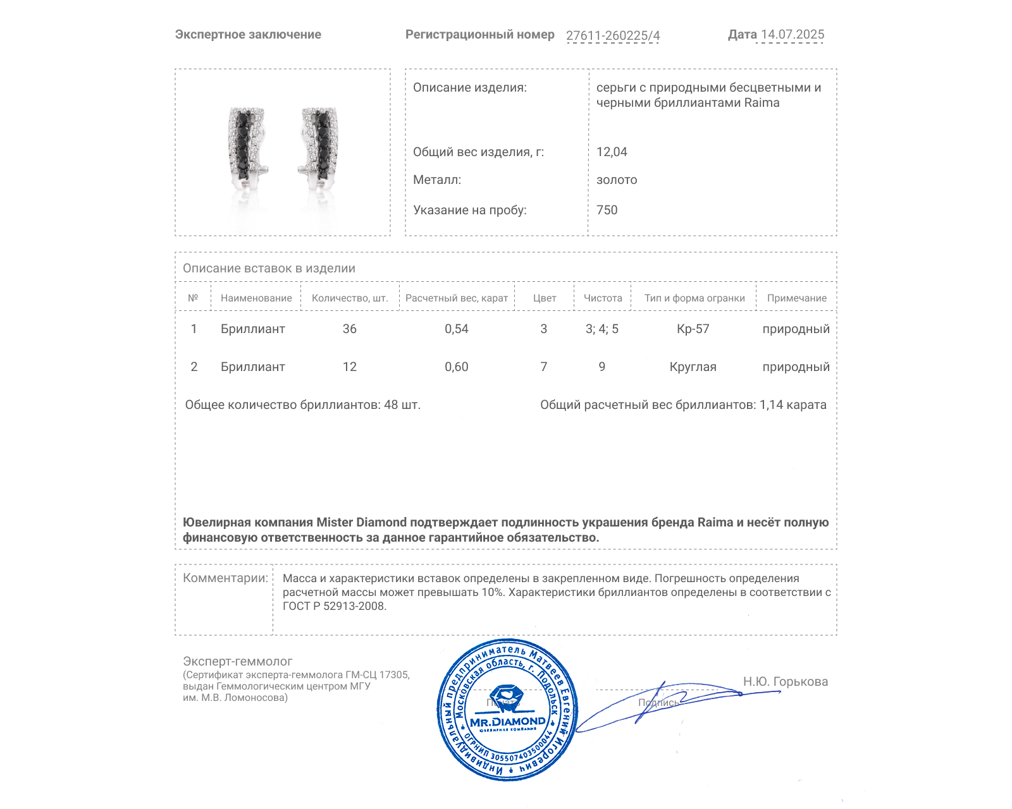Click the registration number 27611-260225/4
tap(612, 35)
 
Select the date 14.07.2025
tap(792, 35)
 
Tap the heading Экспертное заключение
tap(248, 35)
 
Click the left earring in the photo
tap(247, 149)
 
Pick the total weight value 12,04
tap(612, 152)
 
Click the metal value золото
tap(617, 180)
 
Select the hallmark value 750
tap(607, 210)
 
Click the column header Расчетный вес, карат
tap(457, 298)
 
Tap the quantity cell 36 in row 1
tap(350, 329)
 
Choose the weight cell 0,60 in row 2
tap(457, 367)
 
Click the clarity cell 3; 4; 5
tap(602, 329)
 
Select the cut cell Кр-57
tap(693, 329)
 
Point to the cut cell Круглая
tap(693, 367)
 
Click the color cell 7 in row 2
tap(544, 367)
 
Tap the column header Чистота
tap(603, 298)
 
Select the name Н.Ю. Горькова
tap(785, 681)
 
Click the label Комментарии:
tap(225, 578)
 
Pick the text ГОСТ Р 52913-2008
tap(334, 606)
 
